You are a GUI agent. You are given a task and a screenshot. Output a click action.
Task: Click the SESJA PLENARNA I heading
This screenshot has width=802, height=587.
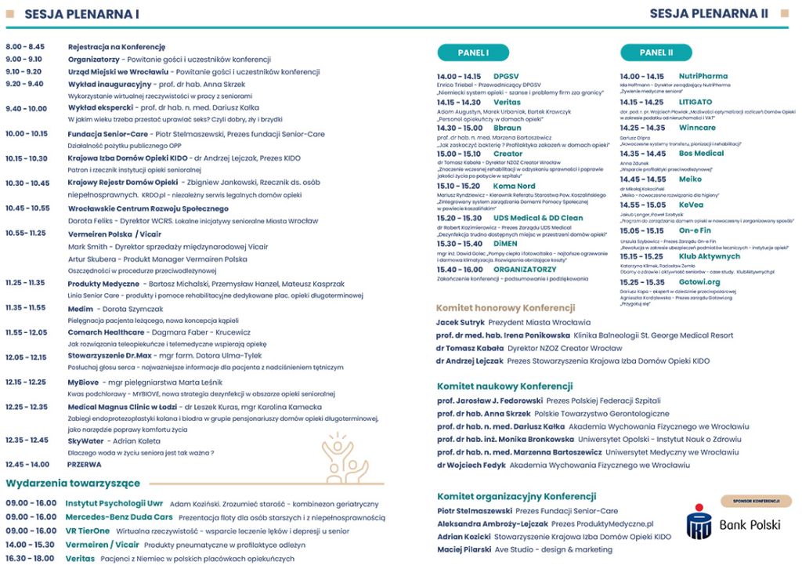pyautogui.click(x=81, y=14)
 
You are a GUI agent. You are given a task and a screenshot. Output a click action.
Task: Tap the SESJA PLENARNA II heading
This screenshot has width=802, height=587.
pyautogui.click(x=709, y=13)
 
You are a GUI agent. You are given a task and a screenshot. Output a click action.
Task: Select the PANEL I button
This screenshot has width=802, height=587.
pyautogui.click(x=473, y=53)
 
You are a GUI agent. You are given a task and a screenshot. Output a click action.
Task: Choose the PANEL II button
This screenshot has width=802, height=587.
pyautogui.click(x=656, y=53)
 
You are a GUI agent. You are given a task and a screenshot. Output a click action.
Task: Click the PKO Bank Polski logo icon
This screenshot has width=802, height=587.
pyautogui.click(x=699, y=521)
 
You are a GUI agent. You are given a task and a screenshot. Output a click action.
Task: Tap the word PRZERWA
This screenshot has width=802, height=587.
pyautogui.click(x=85, y=464)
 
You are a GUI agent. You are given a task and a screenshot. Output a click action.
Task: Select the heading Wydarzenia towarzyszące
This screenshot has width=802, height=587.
pyautogui.click(x=73, y=483)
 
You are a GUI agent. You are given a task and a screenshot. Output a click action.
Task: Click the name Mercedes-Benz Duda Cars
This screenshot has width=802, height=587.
pyautogui.click(x=119, y=516)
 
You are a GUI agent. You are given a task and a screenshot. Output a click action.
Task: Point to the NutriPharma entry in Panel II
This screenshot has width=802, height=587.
pyautogui.click(x=703, y=77)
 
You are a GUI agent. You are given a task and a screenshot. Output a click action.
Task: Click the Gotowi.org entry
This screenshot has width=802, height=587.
pyautogui.click(x=699, y=281)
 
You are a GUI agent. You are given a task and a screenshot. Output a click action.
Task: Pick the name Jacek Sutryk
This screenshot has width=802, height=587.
pyautogui.click(x=460, y=322)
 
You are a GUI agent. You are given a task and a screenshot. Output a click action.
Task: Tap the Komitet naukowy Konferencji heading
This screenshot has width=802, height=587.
pyautogui.click(x=504, y=386)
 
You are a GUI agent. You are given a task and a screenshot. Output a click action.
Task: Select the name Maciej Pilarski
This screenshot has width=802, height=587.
pyautogui.click(x=464, y=549)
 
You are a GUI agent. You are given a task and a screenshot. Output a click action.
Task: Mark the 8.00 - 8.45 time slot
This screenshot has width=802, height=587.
pyautogui.click(x=25, y=47)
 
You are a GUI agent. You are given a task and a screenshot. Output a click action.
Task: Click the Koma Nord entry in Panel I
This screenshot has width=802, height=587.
pyautogui.click(x=515, y=186)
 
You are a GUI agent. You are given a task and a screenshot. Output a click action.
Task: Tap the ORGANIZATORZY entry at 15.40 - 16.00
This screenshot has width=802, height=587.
pyautogui.click(x=525, y=269)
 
